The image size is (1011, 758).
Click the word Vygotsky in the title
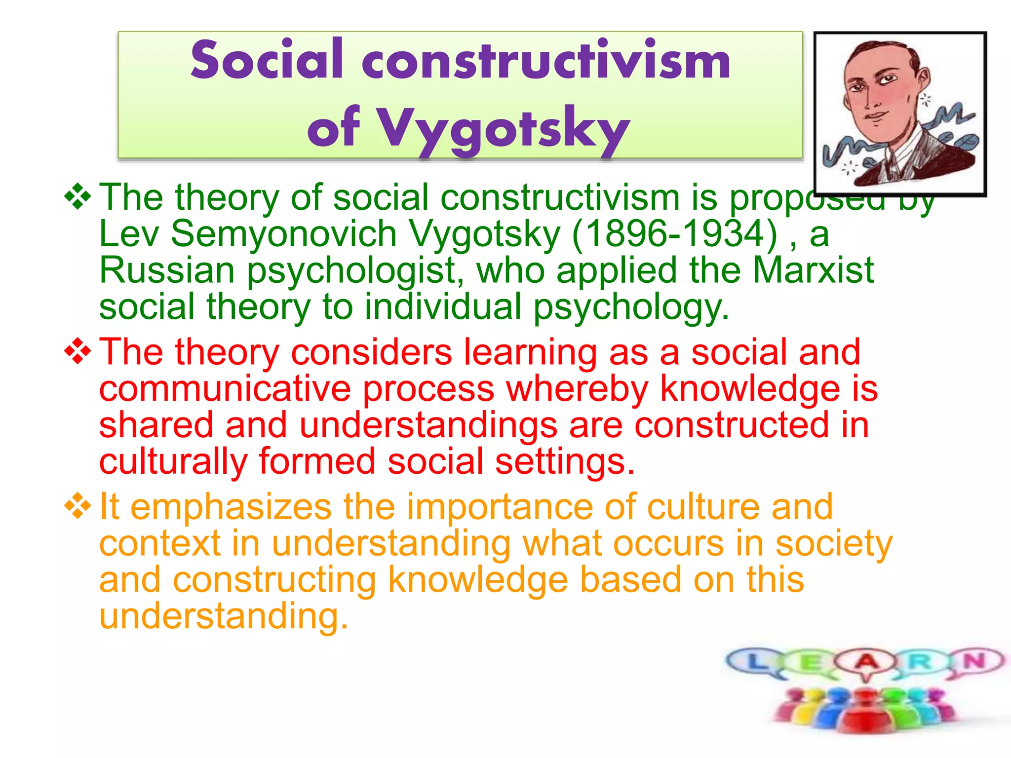(504, 127)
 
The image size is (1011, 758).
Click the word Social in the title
(267, 60)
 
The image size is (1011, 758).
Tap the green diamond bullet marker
(78, 197)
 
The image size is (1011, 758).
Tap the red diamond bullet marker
(78, 352)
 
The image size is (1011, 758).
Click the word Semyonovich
(284, 234)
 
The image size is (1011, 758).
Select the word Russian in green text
(167, 270)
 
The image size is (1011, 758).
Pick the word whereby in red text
(577, 389)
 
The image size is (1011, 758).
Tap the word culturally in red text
(173, 462)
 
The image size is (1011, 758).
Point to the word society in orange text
(834, 543)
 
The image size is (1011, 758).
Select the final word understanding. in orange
(224, 616)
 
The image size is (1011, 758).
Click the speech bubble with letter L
(753, 661)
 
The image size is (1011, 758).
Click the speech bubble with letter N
(975, 660)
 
